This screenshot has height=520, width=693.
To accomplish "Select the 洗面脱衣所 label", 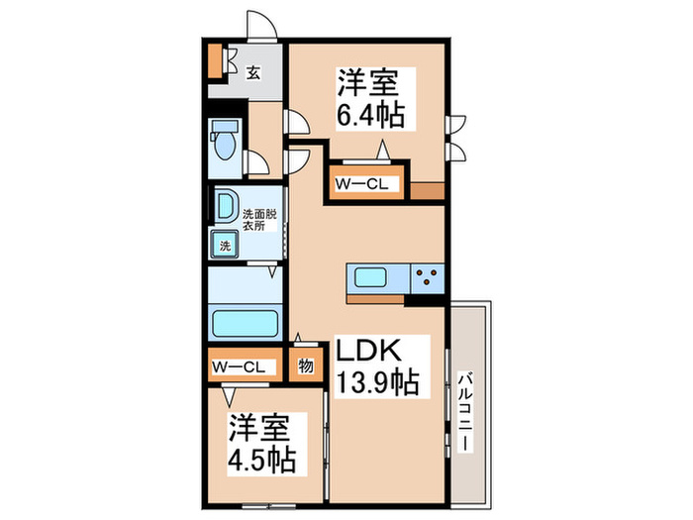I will tap(254, 218).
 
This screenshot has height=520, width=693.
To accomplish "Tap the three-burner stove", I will tap(429, 278).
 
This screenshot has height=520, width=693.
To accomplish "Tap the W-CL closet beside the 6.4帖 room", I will tap(365, 185).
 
